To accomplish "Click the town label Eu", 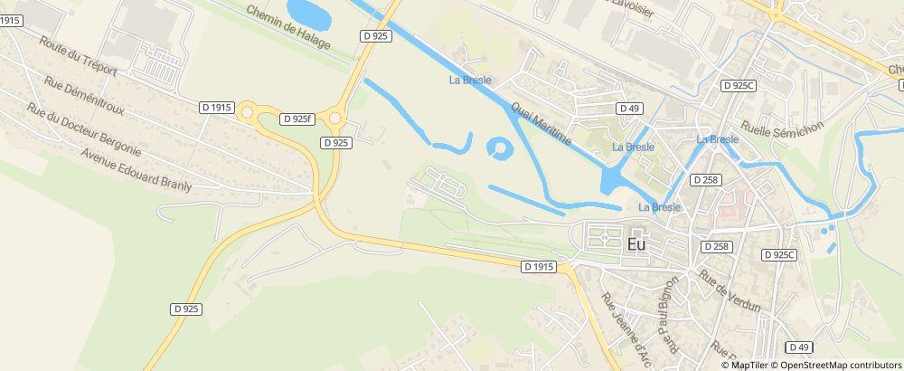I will click(x=636, y=243).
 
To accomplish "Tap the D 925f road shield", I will click(x=297, y=119).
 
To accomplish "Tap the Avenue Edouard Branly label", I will click(x=137, y=168).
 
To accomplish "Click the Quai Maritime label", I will click(x=541, y=123).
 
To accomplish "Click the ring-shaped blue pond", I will click(x=498, y=148).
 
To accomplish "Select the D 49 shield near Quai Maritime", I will click(x=629, y=109).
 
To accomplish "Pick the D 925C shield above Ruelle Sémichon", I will click(x=739, y=85).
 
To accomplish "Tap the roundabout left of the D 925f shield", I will click(x=246, y=113).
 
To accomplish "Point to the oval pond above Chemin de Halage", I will click(x=308, y=12).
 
